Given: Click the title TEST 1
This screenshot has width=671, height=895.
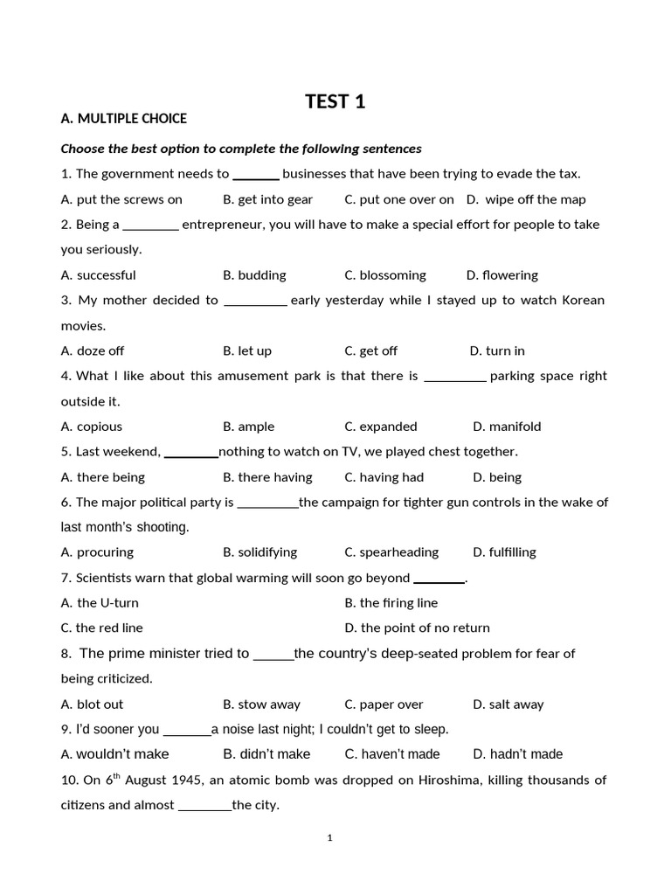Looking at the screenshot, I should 335,101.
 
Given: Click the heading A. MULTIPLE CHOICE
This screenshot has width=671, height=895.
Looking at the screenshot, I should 123,119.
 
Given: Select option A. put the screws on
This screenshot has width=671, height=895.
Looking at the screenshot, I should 121,199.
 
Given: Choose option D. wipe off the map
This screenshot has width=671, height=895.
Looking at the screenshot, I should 526,199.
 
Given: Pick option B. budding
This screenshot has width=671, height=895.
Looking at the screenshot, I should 254,275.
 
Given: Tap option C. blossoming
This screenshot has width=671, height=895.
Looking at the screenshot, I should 385,275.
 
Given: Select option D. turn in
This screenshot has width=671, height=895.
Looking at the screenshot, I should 497,351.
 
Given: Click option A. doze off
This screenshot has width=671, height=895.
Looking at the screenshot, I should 93,351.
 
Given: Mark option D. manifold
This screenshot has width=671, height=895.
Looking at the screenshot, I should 507,427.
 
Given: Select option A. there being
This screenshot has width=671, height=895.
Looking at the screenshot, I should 103,477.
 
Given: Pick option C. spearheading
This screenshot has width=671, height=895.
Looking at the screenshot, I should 391,552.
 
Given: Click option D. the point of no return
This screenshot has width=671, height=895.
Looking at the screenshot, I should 418,628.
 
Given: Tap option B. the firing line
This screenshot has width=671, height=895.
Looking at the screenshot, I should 391,603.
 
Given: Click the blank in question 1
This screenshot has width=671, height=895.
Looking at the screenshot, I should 256,174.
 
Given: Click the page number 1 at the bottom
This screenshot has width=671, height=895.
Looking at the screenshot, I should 330,838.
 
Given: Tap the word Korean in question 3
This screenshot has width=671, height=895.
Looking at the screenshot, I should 578,301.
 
